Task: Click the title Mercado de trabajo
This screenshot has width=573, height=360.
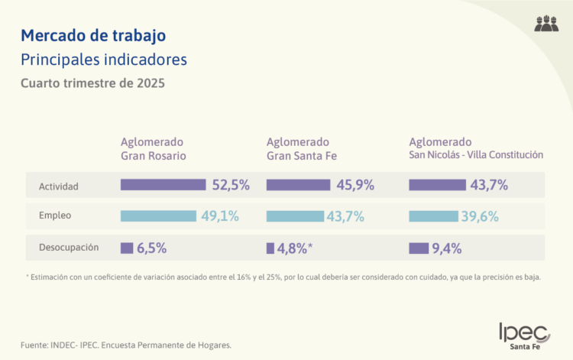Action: [92, 35]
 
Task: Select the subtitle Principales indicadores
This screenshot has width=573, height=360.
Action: [104, 59]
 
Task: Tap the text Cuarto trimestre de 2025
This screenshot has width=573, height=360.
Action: [92, 83]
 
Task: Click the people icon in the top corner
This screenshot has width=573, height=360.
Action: [546, 23]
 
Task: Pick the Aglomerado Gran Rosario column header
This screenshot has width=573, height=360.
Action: [154, 148]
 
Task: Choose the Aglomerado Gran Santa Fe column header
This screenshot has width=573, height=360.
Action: [301, 148]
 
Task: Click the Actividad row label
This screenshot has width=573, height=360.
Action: [59, 185]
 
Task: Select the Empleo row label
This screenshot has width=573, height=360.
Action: [55, 216]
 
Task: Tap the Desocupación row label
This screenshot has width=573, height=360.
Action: [70, 248]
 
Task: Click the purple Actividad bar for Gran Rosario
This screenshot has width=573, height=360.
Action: [163, 185]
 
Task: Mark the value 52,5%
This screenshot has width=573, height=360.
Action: [230, 185]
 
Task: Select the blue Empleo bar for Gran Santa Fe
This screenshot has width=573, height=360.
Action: [295, 216]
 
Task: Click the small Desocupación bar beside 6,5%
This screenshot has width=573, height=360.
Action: [126, 248]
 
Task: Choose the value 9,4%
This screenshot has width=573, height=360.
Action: [447, 248]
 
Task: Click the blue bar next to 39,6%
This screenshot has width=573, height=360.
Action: [433, 216]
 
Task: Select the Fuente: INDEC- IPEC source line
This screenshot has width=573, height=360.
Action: [126, 345]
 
